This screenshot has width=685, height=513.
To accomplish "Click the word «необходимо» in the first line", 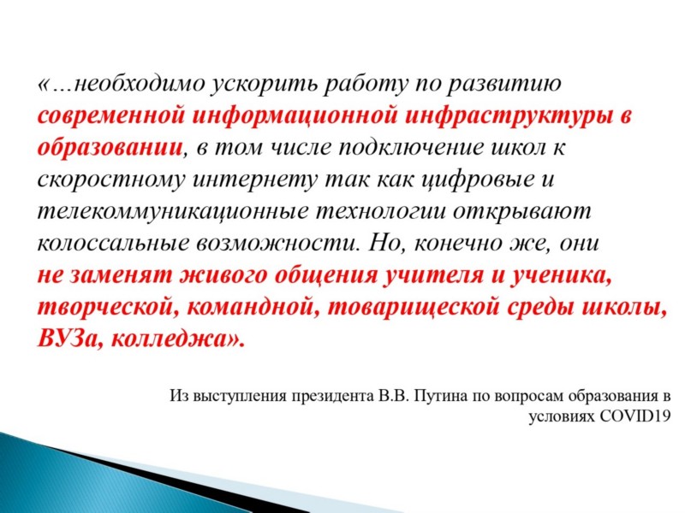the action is (140, 83).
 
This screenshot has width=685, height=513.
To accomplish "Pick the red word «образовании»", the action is (110, 147).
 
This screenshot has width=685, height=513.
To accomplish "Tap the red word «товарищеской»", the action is (414, 308).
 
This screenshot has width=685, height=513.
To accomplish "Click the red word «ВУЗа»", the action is (70, 338).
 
